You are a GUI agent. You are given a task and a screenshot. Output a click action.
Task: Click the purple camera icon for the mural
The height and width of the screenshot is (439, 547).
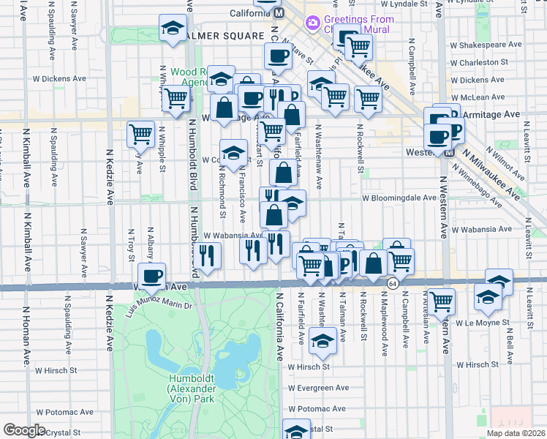click(313, 23)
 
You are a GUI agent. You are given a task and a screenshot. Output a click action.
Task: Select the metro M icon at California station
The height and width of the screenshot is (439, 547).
click(278, 13)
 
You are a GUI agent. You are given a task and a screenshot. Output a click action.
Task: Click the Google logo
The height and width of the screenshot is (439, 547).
click(23, 430)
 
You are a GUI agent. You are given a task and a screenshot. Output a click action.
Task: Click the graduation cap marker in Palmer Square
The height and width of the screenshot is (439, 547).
click(173, 29)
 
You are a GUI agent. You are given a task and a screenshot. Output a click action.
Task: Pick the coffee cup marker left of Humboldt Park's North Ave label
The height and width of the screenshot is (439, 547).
click(152, 276)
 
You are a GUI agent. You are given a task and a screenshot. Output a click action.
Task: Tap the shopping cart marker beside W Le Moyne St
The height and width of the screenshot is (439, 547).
click(441, 300)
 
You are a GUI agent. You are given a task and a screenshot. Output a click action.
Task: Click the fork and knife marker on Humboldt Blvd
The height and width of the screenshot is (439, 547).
click(208, 255)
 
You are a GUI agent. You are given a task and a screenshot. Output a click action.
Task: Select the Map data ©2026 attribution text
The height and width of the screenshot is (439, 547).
click(516, 433)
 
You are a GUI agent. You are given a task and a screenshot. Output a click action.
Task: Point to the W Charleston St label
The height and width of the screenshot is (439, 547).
click(489, 63)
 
